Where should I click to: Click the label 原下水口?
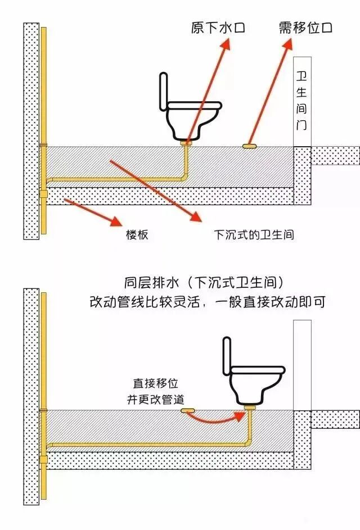click(x=218, y=27)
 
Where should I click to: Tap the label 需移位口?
click(x=306, y=27)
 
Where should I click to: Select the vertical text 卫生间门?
click(x=302, y=101)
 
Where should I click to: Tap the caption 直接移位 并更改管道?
click(x=156, y=392)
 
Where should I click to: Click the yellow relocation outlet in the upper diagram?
click(x=250, y=146)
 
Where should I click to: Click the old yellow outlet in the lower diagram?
click(x=187, y=411)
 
